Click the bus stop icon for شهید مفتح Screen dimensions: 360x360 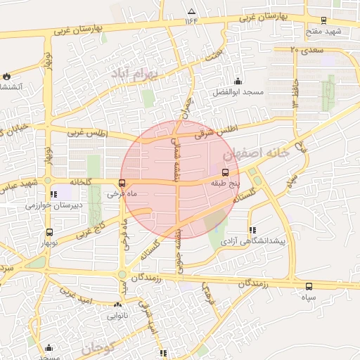click(x=323, y=21)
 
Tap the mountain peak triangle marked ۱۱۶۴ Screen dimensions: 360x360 click(x=192, y=11)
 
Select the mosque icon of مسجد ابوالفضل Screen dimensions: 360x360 click(x=238, y=82)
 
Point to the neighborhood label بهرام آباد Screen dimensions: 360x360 click(x=137, y=73)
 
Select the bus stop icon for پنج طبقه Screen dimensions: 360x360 click(x=226, y=172)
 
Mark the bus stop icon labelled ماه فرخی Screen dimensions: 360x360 click(x=123, y=184)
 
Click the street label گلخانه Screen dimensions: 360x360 click(x=79, y=181)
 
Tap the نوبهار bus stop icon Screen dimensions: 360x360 click(x=49, y=232)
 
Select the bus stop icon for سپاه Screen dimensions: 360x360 click(x=309, y=286)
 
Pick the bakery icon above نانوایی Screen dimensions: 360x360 click(x=117, y=305)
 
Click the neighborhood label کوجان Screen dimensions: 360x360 click(x=97, y=347)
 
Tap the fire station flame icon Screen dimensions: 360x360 click(x=6, y=76)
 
